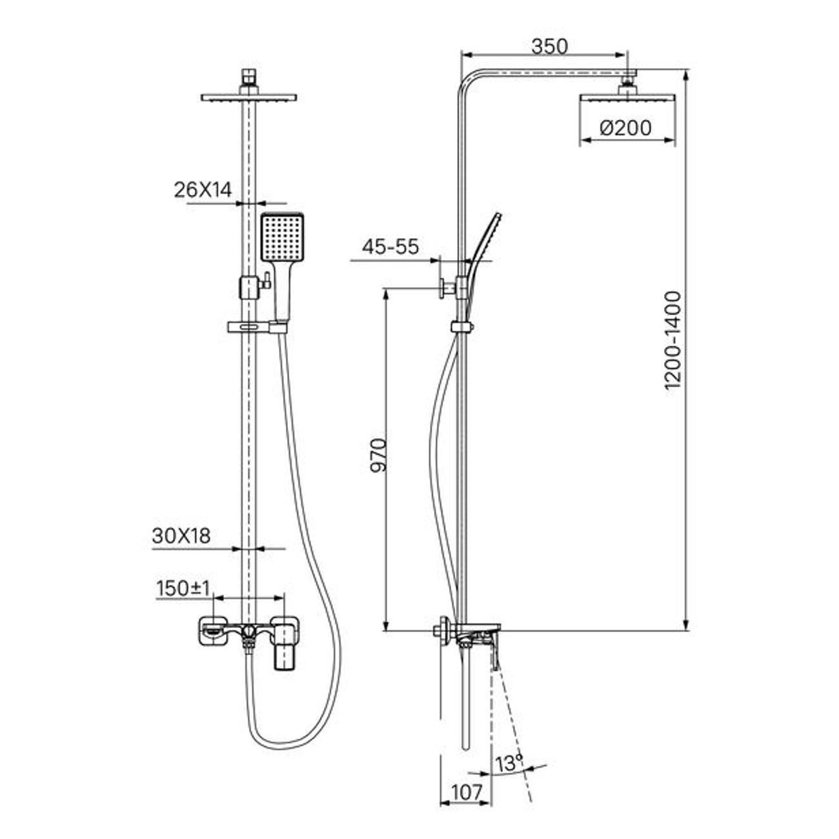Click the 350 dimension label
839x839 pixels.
[x=549, y=46]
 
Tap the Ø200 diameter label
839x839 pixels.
[x=625, y=128]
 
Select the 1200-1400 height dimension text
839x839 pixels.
[x=673, y=341]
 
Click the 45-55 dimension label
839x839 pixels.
[x=390, y=247]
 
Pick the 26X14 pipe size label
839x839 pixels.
[x=203, y=190]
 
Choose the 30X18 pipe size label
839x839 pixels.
[x=181, y=536]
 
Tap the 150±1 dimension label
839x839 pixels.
[x=183, y=588]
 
